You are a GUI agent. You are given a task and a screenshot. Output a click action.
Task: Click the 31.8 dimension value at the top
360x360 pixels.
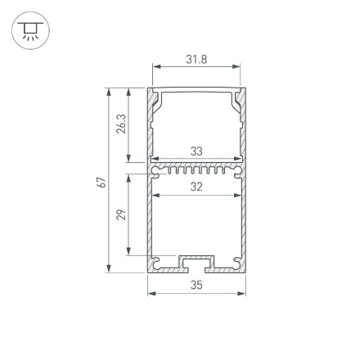pos(196,60)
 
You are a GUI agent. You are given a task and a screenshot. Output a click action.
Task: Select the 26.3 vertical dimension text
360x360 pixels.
pos(121,124)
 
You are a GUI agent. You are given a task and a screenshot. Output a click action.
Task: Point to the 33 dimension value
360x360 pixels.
pos(196,151)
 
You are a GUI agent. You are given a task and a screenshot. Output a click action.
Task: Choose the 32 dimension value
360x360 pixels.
pos(196,187)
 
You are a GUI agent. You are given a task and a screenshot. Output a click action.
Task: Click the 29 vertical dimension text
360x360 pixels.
pos(121,214)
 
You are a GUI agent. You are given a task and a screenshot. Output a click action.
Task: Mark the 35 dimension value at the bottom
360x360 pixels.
pos(196,286)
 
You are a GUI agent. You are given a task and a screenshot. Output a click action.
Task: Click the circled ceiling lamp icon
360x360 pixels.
pos(30,31)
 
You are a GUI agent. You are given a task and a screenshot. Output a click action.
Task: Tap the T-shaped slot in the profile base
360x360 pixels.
pos(196,263)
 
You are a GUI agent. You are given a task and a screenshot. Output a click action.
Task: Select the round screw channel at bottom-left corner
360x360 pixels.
pos(155,263)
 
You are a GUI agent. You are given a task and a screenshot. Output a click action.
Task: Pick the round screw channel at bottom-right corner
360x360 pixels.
pos(238,263)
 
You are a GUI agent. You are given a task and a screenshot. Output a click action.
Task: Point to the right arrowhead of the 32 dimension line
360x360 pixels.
pos(237,196)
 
